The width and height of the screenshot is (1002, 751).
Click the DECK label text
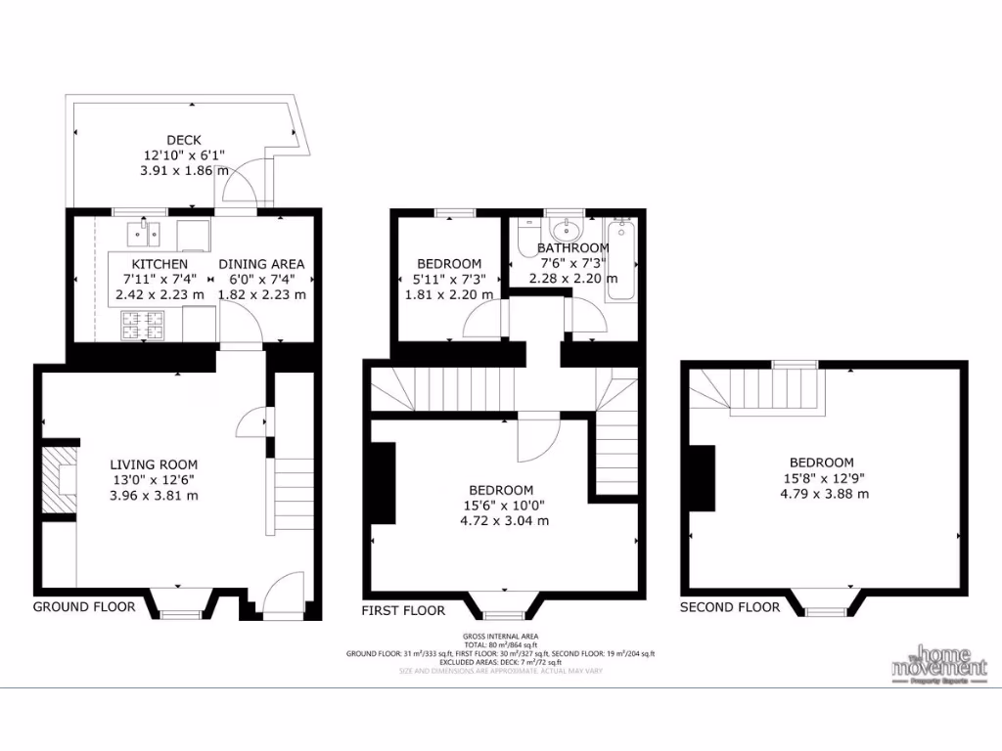[183, 140]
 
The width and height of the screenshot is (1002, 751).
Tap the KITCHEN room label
[159, 264]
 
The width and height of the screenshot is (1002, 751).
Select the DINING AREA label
[261, 264]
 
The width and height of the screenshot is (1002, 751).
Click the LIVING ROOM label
[154, 464]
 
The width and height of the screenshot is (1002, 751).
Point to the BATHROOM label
[573, 248]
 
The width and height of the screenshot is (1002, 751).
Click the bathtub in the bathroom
[621, 259]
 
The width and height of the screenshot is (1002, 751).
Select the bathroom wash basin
[565, 231]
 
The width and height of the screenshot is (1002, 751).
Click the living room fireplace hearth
[62, 478]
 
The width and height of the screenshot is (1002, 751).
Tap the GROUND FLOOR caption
[84, 606]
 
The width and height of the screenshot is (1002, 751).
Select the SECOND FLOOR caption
[730, 607]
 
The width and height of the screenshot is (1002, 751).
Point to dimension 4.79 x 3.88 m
[824, 494]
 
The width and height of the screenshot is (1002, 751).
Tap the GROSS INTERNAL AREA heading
[500, 637]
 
